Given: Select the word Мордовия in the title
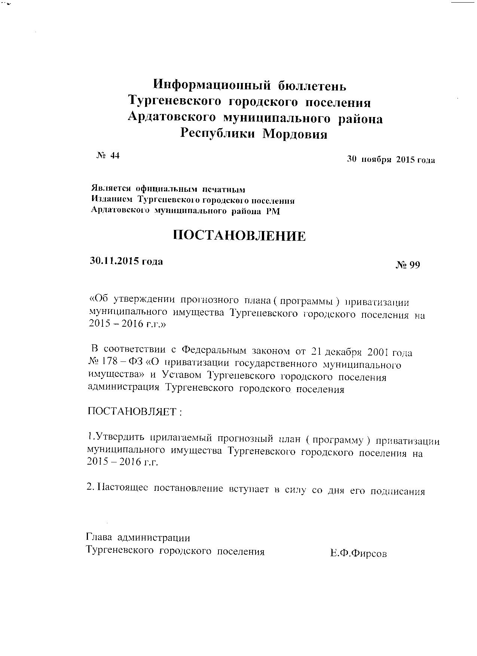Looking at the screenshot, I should tap(294, 134).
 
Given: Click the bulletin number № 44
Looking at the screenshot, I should tap(108, 156).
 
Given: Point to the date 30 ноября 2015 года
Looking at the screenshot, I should tap(391, 160).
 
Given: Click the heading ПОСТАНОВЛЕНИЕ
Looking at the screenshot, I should tap(239, 235).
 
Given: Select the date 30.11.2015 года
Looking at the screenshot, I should tap(126, 261).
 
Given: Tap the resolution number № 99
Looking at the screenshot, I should tap(408, 265).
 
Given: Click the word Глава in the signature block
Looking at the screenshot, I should tap(100, 538).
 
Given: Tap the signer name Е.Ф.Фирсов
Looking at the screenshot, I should tap(358, 554).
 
